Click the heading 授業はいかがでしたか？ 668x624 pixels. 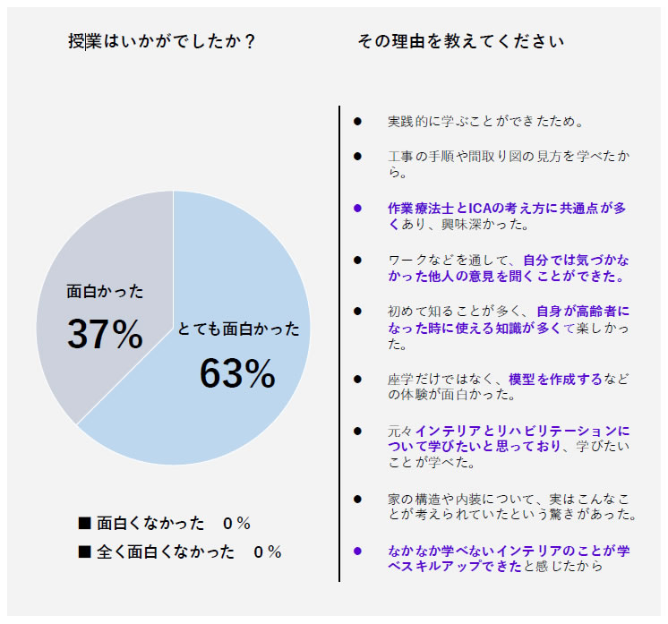tap(162, 42)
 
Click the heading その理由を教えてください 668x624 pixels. tap(460, 42)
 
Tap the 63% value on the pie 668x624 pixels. tap(237, 374)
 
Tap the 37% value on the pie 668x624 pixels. tap(105, 335)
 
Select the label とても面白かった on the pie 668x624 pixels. tap(238, 329)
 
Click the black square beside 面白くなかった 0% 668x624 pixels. tap(85, 523)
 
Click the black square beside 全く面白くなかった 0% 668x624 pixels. tap(85, 551)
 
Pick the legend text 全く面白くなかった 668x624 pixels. tap(166, 551)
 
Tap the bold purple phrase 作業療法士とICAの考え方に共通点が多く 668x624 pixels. tap(507, 208)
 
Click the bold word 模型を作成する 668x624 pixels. tap(555, 379)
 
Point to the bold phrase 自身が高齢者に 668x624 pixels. tap(583, 311)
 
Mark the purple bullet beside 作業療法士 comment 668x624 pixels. tap(357, 208)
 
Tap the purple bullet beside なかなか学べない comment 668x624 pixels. tap(357, 551)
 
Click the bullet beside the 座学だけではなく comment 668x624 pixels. tap(357, 379)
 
